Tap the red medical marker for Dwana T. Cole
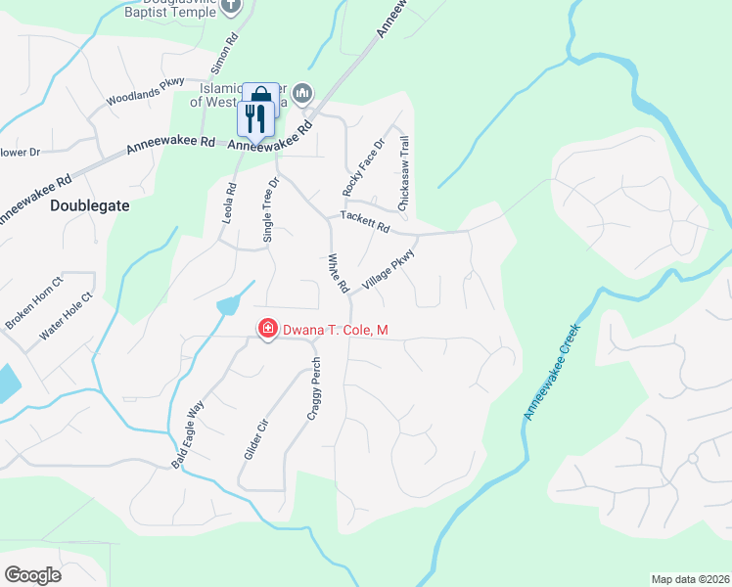coord(266,330)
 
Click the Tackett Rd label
coord(364,221)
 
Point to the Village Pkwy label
coord(389,269)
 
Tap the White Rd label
coord(338,274)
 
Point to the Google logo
coord(32,575)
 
